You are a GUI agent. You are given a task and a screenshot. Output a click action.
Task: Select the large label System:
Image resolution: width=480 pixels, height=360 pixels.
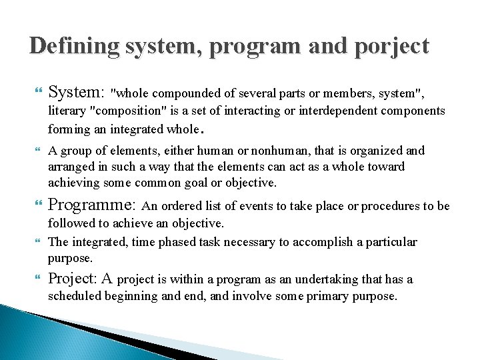(76, 92)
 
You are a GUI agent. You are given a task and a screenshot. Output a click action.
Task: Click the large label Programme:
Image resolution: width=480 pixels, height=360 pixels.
(92, 205)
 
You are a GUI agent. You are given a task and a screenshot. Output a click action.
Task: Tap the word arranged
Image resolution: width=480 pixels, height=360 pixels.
(70, 167)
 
